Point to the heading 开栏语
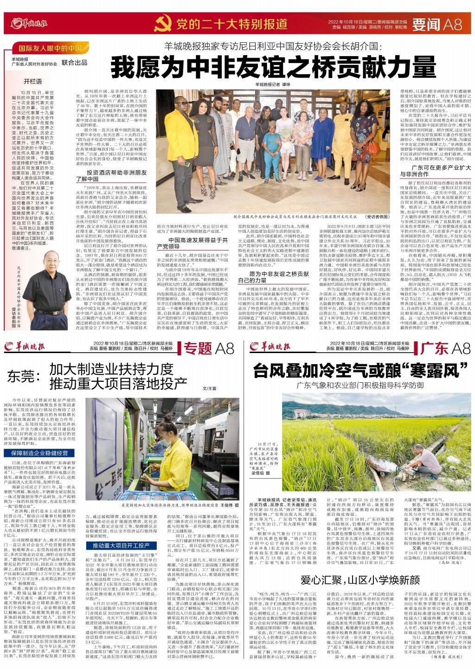[x=33, y=81]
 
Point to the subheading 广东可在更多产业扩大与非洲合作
[x=434, y=170]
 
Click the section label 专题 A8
[x=209, y=348]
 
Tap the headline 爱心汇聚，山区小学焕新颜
[x=360, y=579]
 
